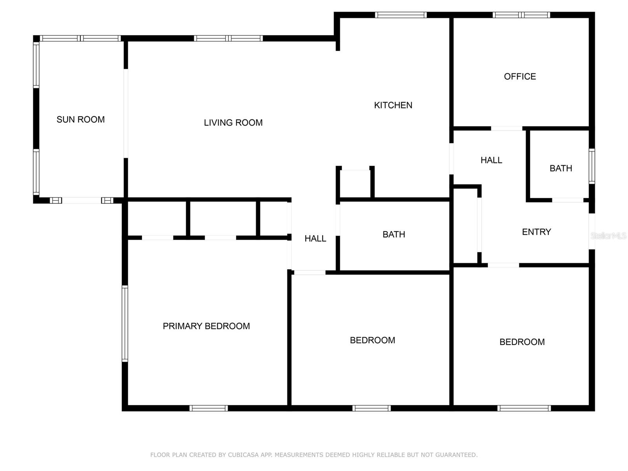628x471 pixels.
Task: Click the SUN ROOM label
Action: point(80,120)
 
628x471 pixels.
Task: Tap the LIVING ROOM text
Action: point(233,123)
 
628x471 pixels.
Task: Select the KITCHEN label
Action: point(393,105)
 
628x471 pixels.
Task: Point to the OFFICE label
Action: point(520,77)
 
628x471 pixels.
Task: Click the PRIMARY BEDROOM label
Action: point(206,326)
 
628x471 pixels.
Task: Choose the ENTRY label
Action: point(536,232)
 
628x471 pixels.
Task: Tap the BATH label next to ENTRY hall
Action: point(560,168)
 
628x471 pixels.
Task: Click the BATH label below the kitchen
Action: point(394,234)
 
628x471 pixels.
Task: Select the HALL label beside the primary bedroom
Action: point(315,239)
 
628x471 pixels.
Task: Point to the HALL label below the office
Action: point(491,160)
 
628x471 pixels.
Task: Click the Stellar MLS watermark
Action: point(608,236)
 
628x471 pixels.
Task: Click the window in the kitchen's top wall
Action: point(401,15)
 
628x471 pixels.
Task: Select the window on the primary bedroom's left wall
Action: point(125,323)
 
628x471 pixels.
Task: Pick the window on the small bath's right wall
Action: point(591,166)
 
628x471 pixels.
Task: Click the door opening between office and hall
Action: point(506,128)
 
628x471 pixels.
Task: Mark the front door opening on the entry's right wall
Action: point(591,231)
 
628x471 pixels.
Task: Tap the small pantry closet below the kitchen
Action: point(355,183)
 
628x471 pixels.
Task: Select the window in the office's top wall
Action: point(521,15)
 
